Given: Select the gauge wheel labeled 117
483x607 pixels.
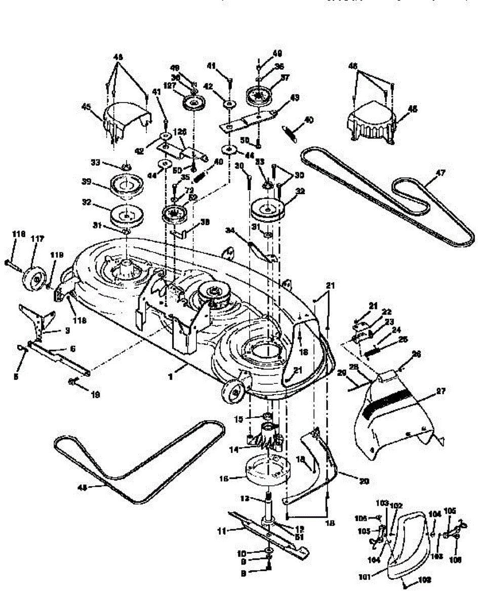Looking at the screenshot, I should pyautogui.click(x=35, y=276).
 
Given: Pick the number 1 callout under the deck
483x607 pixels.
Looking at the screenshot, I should pyautogui.click(x=171, y=377).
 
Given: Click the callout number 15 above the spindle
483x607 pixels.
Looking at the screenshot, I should pyautogui.click(x=240, y=418).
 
